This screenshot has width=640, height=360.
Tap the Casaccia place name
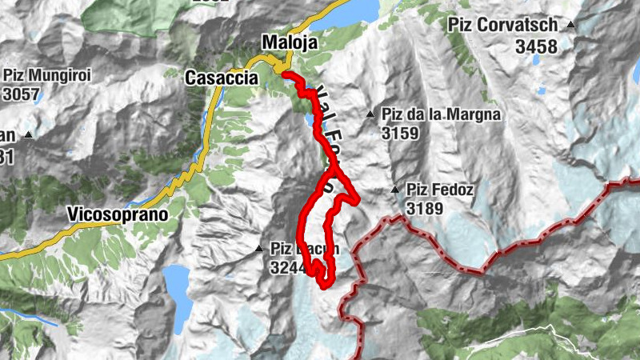[221, 78]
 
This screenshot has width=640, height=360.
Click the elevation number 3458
[536, 47]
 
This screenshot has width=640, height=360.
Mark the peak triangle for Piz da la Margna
[370, 115]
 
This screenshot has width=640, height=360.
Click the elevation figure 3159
[400, 134]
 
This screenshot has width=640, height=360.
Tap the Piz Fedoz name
[440, 190]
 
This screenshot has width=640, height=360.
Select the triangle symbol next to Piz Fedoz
[394, 190]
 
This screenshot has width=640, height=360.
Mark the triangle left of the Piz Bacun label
[259, 249]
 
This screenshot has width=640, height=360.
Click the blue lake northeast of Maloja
[357, 10]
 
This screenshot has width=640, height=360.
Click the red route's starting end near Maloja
[284, 73]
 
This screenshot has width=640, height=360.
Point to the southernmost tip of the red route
[323, 285]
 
